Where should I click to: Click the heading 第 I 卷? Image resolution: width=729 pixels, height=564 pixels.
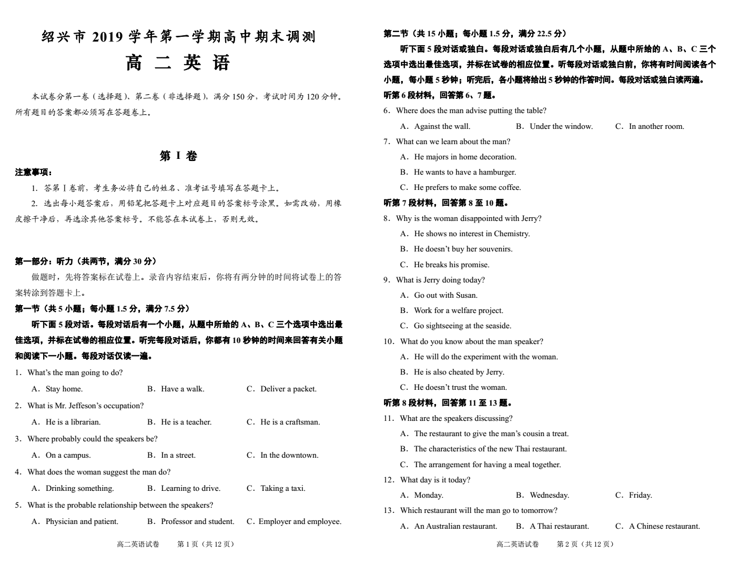click(x=178, y=156)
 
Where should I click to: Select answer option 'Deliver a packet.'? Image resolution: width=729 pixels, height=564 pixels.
click(x=288, y=389)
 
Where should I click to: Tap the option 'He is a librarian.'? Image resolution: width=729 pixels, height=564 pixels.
click(x=73, y=422)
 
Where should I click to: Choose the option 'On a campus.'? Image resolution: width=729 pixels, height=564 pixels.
click(x=68, y=455)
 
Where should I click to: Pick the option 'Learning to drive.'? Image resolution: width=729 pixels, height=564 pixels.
click(x=190, y=488)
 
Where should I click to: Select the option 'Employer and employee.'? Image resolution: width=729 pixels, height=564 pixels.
click(x=300, y=521)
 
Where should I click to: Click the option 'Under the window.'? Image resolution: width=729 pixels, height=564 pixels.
click(x=561, y=126)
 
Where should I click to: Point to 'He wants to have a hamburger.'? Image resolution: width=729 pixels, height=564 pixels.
click(x=464, y=172)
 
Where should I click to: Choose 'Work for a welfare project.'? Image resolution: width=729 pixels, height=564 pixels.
click(x=458, y=310)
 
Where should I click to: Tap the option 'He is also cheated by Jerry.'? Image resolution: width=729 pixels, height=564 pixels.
click(x=459, y=372)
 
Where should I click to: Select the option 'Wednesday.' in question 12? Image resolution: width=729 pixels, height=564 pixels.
click(x=549, y=495)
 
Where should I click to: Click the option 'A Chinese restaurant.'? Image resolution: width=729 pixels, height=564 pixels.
click(x=664, y=526)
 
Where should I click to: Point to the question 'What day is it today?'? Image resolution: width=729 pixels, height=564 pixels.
click(x=435, y=480)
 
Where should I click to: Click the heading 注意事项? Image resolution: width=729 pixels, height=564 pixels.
click(x=34, y=172)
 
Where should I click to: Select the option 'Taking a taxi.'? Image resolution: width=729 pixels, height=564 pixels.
click(x=282, y=488)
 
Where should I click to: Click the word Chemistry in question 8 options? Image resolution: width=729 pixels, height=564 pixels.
click(x=511, y=234)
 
